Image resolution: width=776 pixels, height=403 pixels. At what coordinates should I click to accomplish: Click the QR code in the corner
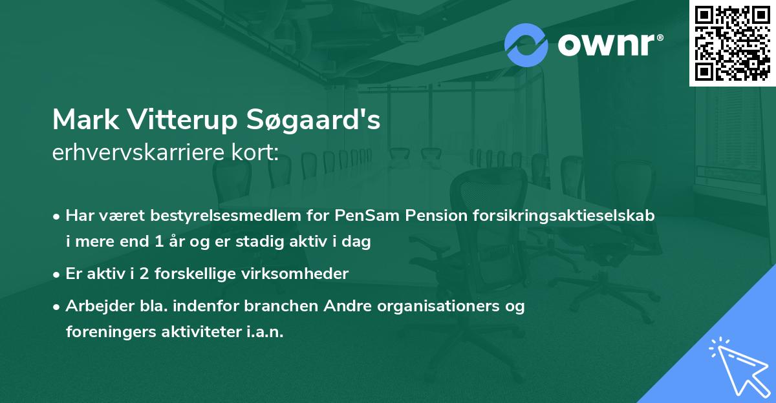[x=733, y=43]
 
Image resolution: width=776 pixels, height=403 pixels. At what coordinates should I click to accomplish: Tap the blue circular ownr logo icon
[x=526, y=45]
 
